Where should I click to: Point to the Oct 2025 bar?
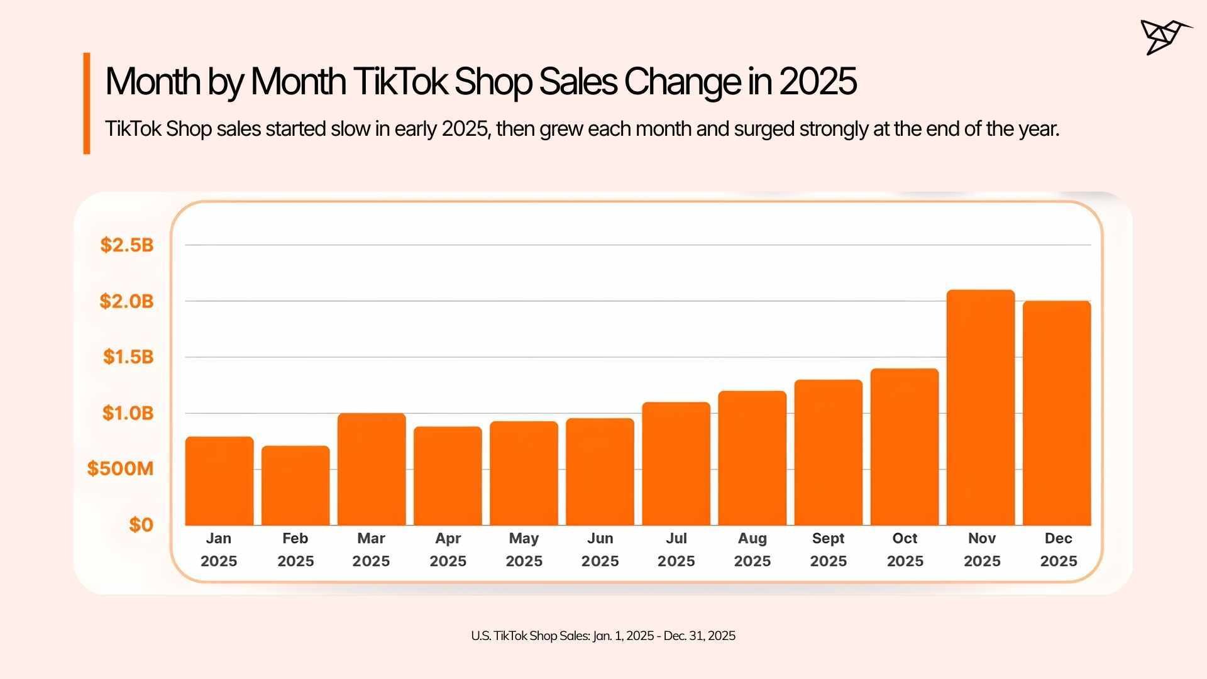(x=905, y=447)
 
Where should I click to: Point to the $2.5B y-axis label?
(x=127, y=245)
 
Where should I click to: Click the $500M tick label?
(x=121, y=468)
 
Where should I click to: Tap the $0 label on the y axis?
(x=141, y=525)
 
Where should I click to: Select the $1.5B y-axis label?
(x=128, y=357)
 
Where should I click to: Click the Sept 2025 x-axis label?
(x=829, y=549)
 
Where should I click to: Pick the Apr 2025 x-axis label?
(x=448, y=549)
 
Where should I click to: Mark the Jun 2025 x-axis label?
(x=600, y=549)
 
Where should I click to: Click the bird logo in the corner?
(x=1164, y=37)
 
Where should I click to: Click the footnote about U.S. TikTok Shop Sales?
(x=603, y=636)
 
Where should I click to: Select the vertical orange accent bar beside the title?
(x=87, y=103)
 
